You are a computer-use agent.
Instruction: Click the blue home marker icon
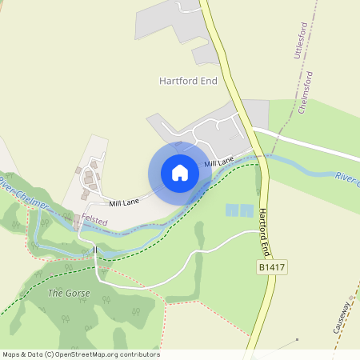click(x=180, y=173)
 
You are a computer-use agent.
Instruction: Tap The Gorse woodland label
click(x=69, y=294)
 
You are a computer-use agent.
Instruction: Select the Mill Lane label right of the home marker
click(x=218, y=162)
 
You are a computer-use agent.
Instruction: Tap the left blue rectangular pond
click(x=232, y=210)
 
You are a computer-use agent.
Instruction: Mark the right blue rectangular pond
click(x=246, y=210)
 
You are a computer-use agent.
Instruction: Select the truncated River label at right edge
click(x=347, y=179)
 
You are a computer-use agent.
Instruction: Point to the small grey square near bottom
click(x=297, y=339)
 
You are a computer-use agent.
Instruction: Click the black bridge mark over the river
click(x=94, y=251)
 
